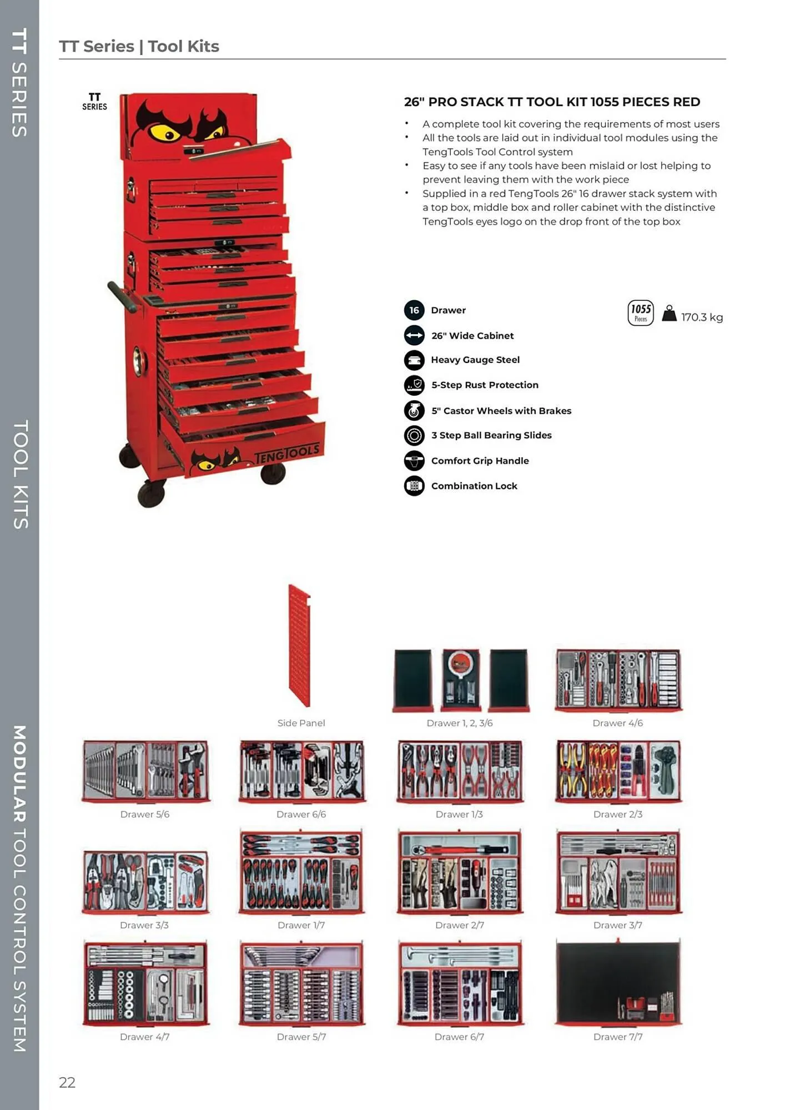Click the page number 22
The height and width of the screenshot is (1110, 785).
67,1082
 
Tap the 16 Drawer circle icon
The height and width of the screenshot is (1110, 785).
414,310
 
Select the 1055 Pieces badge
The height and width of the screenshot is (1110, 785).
641,313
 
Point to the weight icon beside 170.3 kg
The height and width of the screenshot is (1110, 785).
670,314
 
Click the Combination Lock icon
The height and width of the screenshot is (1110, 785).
414,486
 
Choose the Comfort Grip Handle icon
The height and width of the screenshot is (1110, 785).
414,461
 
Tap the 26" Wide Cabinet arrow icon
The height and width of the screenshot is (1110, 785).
414,335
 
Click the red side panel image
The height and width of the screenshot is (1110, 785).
299,645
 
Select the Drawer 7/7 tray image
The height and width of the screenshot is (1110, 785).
618,982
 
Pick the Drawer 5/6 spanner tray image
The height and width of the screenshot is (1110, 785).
145,771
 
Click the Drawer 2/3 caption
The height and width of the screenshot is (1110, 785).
617,814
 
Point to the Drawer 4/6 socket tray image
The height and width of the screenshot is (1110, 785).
618,680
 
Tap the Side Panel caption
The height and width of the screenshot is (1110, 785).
301,723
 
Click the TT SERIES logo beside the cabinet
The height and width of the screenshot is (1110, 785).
94,102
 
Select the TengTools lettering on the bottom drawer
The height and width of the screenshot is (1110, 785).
286,453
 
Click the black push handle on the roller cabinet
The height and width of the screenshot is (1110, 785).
122,297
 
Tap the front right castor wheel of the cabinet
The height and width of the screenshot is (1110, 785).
273,473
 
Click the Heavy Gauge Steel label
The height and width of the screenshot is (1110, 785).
475,360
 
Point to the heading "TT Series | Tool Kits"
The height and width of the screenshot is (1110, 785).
139,46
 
